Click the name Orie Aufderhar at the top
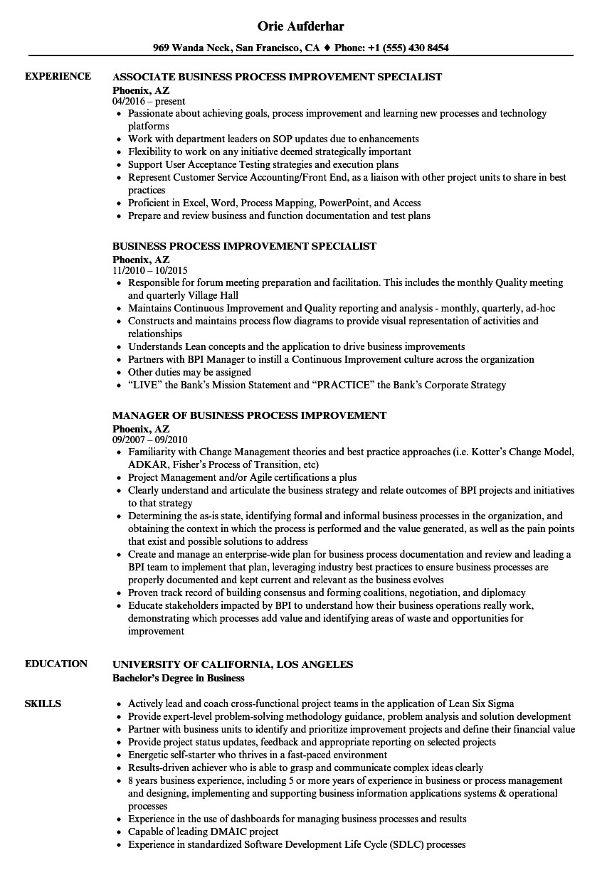click(x=305, y=26)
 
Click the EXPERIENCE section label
click(x=58, y=77)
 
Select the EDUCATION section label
click(x=56, y=664)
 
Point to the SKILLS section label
click(x=43, y=704)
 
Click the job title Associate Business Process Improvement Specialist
click(x=278, y=77)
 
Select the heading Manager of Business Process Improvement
click(x=250, y=415)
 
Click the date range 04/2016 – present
click(x=149, y=102)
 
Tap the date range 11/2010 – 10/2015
click(x=150, y=271)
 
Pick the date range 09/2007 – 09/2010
click(x=150, y=440)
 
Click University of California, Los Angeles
click(x=233, y=664)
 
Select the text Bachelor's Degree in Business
click(x=179, y=678)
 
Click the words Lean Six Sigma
click(x=480, y=704)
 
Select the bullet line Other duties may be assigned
click(x=189, y=373)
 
